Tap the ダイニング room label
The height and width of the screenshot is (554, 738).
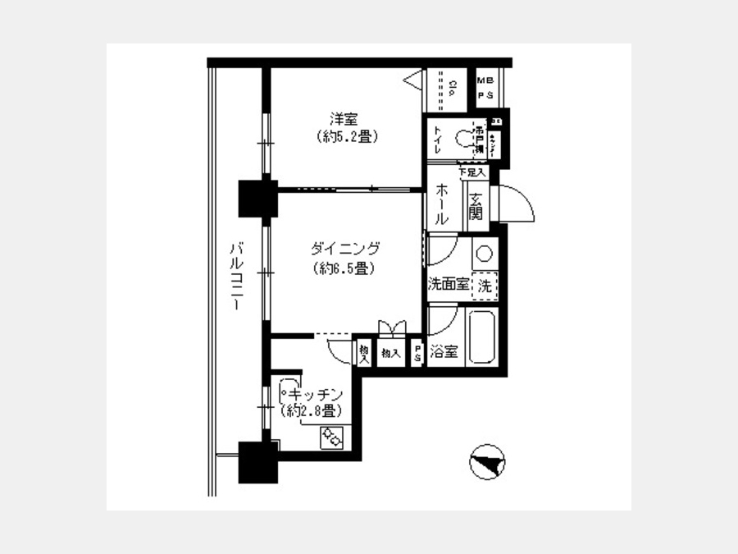pyautogui.click(x=346, y=248)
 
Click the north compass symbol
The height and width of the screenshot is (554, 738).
pyautogui.click(x=486, y=462)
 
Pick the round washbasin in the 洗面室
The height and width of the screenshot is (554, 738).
pyautogui.click(x=484, y=253)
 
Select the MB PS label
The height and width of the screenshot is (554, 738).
pyautogui.click(x=486, y=89)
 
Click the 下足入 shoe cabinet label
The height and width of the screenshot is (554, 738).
pyautogui.click(x=472, y=173)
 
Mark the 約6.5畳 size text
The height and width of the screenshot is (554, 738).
pyautogui.click(x=344, y=268)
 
